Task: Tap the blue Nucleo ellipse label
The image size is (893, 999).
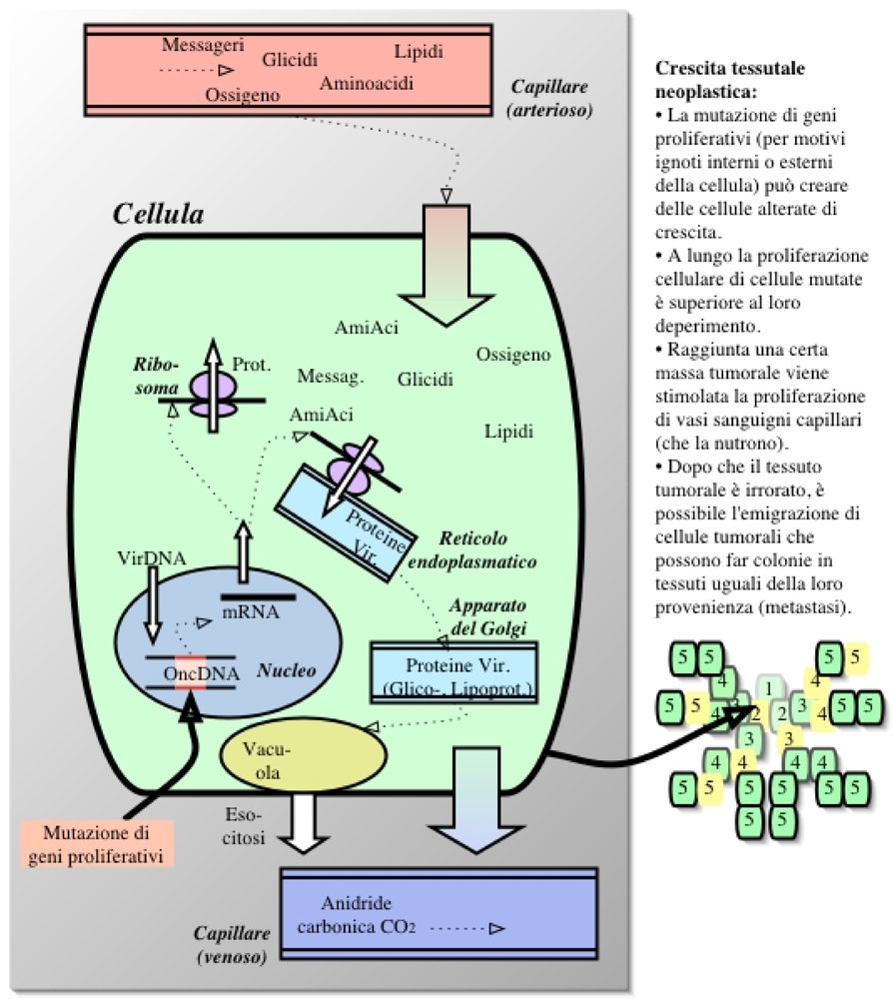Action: coord(287,670)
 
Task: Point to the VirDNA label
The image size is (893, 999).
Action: coord(151,559)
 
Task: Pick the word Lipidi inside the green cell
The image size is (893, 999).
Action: coord(509,433)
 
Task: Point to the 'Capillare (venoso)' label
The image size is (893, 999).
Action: coord(231,945)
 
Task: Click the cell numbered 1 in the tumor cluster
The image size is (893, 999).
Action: coord(767,688)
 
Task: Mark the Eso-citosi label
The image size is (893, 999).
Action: coord(240,828)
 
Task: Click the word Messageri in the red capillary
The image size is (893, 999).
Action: coord(205,45)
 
